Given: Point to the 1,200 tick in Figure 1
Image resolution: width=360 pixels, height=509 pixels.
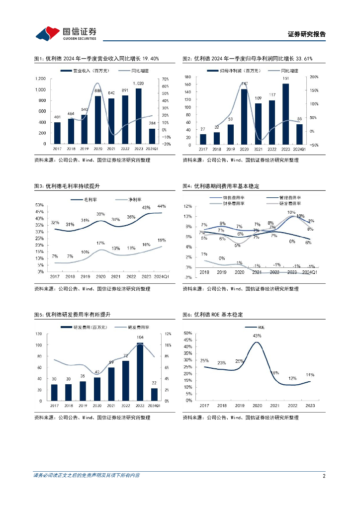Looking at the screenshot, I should point(41,79).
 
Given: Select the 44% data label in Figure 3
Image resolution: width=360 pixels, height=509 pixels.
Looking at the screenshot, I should point(161,206).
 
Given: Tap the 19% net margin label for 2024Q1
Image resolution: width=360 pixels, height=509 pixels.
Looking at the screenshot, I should point(161,240).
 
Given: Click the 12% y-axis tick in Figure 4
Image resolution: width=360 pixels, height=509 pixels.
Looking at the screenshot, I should point(188,206).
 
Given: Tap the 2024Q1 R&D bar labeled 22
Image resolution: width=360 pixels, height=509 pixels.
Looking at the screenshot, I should point(154,394).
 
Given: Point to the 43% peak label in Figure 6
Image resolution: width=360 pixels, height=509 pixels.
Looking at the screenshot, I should point(257,336).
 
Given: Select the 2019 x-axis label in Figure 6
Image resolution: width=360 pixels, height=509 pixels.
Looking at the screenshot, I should point(239,406).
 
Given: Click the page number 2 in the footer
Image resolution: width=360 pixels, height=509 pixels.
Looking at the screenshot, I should point(324,476).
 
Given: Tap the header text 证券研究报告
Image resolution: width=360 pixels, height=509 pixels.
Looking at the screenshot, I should point(307,34).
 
